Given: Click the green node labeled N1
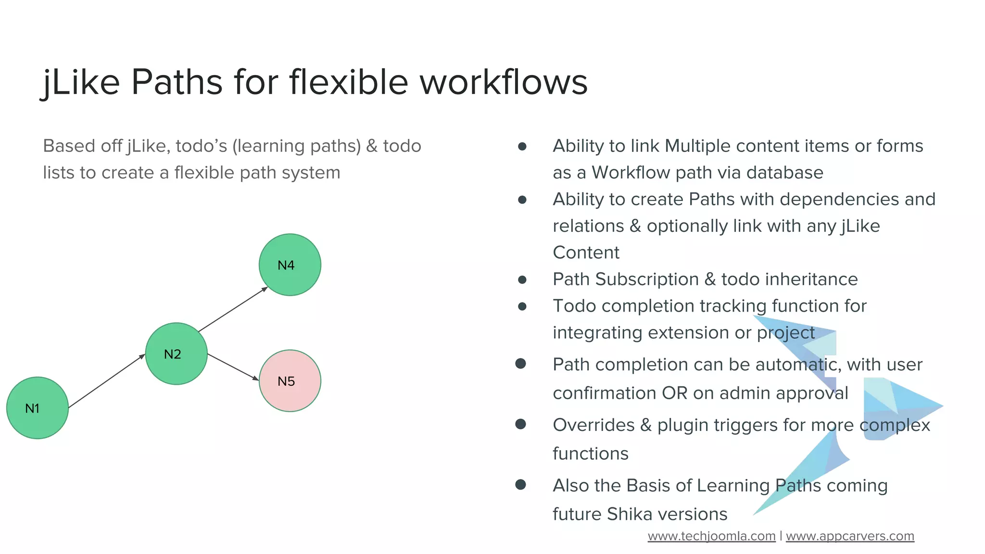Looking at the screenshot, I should coord(38,408).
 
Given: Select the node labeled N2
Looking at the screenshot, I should coord(177,353).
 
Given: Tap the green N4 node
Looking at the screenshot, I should coord(290,264).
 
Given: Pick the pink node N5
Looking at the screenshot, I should coord(290,380).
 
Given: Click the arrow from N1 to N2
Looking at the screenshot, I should coord(106,381).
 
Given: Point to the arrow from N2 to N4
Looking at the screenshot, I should coord(233,309).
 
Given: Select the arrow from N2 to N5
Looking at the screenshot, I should coord(233,367).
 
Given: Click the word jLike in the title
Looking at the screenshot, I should coord(81,82).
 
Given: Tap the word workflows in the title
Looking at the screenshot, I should coord(503,82).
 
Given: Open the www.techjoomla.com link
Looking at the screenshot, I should coord(711,536).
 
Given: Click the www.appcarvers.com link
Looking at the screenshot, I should coord(850,536).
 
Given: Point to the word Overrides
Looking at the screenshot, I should coord(594,425).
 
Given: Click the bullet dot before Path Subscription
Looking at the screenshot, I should coord(522,279).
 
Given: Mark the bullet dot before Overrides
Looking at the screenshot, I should coord(520,424).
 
